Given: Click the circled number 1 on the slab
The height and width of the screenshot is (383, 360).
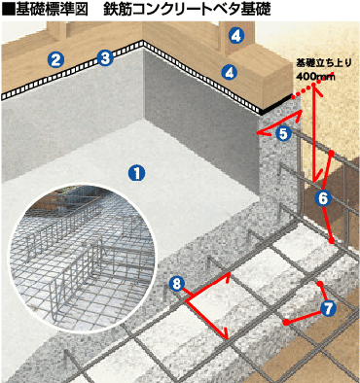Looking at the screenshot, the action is click(136, 173).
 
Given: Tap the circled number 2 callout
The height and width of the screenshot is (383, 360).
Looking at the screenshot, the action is click(55, 59).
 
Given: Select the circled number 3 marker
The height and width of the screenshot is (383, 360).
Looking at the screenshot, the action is click(105, 58).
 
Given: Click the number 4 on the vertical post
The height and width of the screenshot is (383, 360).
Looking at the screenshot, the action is click(235, 36).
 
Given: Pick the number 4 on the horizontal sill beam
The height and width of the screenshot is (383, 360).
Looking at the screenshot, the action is click(230, 72).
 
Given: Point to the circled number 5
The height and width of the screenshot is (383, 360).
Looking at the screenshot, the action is click(283, 133).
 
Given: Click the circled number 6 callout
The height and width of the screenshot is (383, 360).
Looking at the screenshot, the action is click(323, 198).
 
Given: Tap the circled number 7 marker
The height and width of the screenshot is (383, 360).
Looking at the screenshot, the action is click(328, 308).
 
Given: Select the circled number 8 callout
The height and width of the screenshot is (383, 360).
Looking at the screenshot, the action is click(176, 285).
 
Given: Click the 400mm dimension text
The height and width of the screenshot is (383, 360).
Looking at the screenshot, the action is click(315, 77).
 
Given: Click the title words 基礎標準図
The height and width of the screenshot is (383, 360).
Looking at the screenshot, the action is click(52, 10).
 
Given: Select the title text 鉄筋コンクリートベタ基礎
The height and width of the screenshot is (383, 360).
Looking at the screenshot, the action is click(187, 10).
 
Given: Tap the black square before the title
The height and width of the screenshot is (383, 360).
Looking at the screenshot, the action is click(9, 10).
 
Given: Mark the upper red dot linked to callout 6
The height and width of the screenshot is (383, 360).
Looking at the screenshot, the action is click(331, 153).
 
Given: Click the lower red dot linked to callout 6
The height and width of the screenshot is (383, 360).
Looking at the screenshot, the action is click(331, 241).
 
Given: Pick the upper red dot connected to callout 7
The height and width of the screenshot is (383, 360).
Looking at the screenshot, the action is click(320, 284).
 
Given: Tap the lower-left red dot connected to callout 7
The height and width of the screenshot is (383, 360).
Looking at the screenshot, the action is click(286, 322).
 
